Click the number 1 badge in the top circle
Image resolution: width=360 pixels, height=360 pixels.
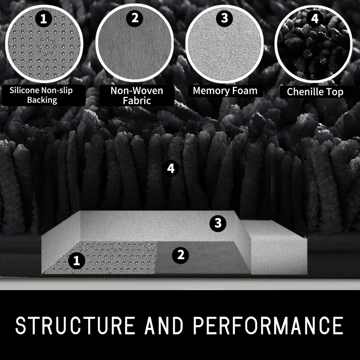44,19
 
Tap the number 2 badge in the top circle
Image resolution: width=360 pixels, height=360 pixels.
135,18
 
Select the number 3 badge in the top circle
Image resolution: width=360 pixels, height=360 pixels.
224,18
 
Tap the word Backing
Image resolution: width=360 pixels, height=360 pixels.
42,100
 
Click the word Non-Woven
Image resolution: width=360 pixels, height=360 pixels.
137,91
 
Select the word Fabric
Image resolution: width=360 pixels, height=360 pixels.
137,100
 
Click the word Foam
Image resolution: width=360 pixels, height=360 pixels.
245,91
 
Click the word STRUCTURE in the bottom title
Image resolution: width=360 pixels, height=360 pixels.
75,325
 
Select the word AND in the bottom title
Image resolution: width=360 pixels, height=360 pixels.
164,325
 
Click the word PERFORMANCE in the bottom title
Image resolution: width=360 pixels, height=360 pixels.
268,325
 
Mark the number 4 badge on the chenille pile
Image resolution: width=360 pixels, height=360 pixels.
171,168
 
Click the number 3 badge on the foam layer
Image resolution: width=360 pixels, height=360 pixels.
218,223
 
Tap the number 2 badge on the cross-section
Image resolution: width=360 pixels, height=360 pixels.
180,255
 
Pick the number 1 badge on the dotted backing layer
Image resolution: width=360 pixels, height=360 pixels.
77,261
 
